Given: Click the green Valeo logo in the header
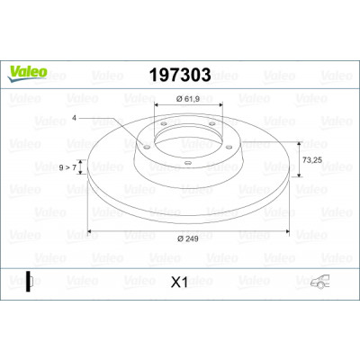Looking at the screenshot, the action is coord(27,74).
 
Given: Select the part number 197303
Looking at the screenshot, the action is coord(180,75).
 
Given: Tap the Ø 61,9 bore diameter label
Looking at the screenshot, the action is coord(188,98).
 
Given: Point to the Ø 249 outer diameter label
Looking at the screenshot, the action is coord(188,238).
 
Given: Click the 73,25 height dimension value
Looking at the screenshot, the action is coord(312,160).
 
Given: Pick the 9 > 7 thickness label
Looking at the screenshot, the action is coord(67,167).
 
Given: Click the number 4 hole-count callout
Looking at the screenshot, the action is coord(74,118).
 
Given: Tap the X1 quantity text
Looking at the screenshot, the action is coord(179,283).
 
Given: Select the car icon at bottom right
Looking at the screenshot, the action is coord(319,282).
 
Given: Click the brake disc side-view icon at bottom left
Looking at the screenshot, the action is coord(29,282).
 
